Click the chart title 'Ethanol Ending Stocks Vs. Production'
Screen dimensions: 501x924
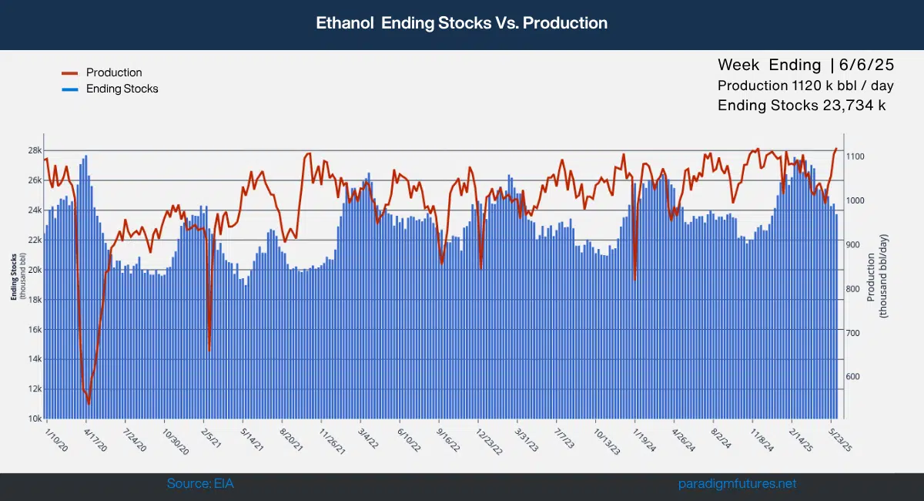pyautogui.click(x=462, y=23)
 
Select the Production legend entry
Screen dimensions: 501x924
pyautogui.click(x=113, y=72)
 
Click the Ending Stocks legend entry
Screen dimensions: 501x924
pyautogui.click(x=122, y=89)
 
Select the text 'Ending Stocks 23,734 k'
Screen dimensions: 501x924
pyautogui.click(x=802, y=106)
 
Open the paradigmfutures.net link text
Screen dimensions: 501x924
pyautogui.click(x=738, y=484)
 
